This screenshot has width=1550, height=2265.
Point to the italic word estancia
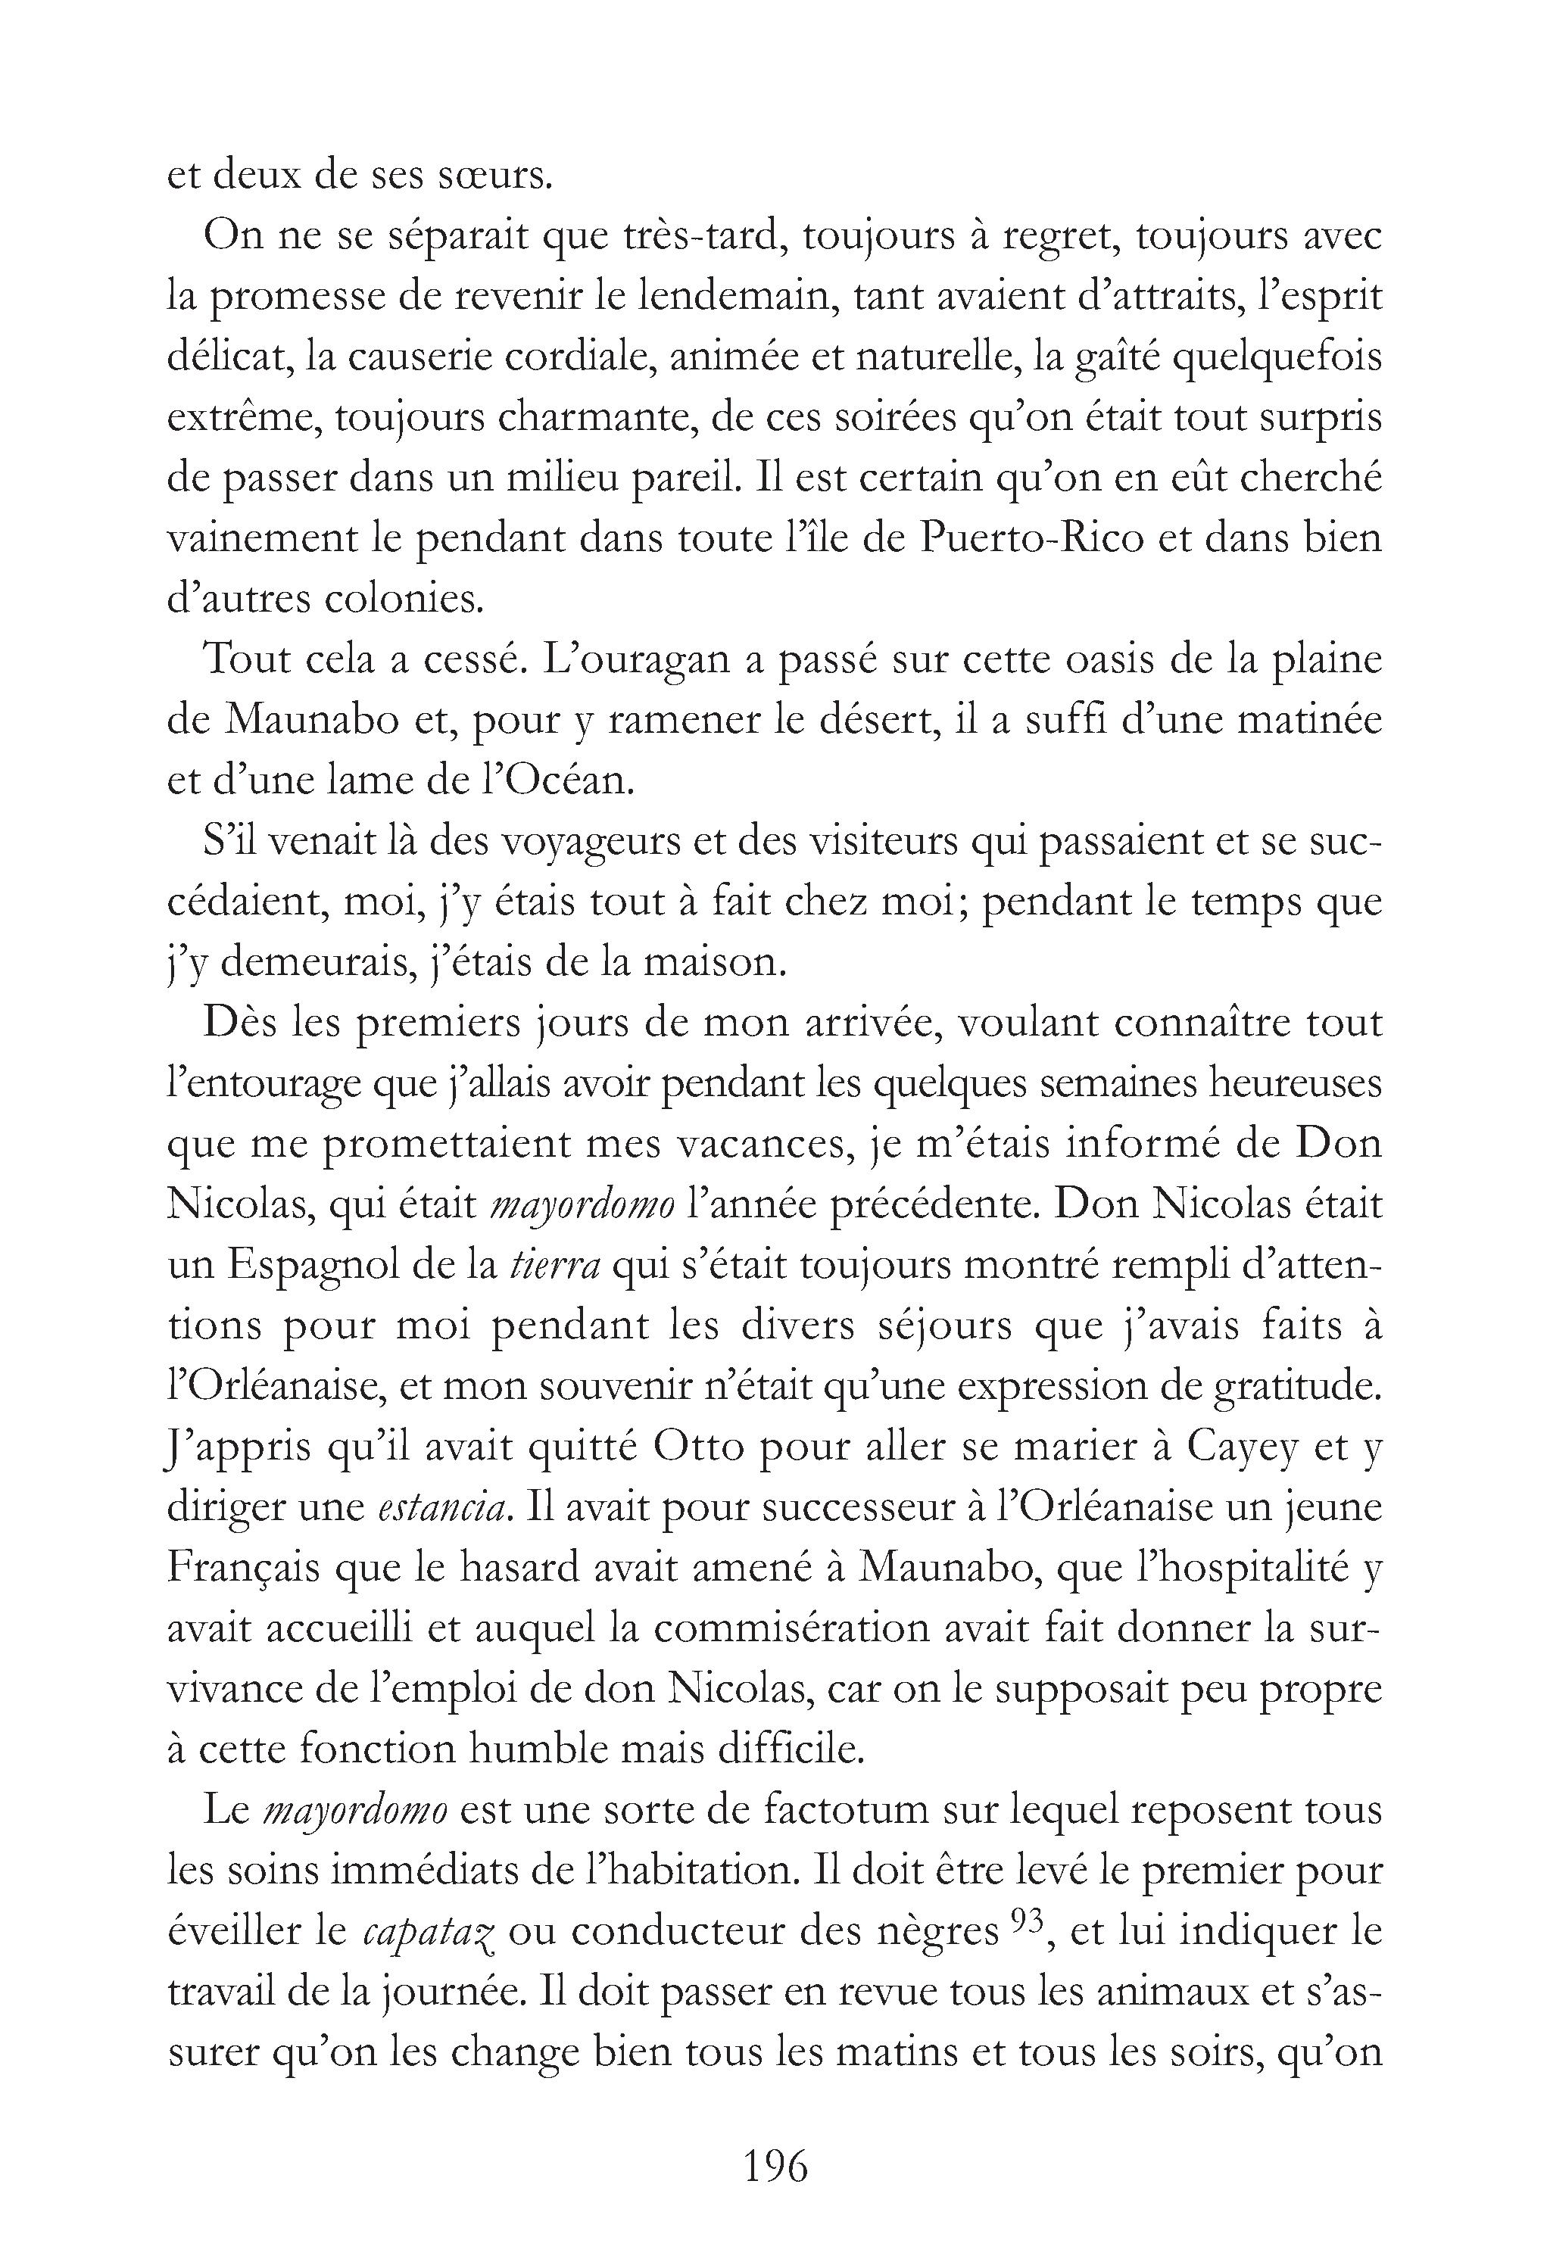pyautogui.click(x=444, y=1508)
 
